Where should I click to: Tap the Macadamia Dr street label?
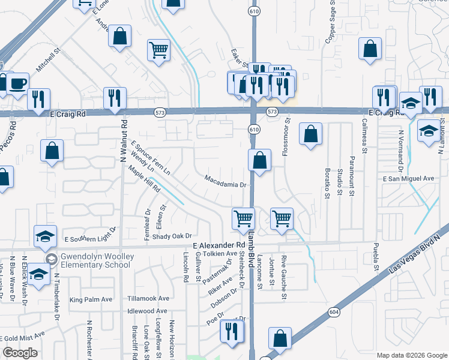pyautogui.click(x=226, y=181)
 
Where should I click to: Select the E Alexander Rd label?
pyautogui.click(x=220, y=245)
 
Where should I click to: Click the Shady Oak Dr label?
pyautogui.click(x=171, y=236)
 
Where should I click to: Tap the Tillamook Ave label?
pyautogui.click(x=148, y=298)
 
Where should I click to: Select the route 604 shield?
pyautogui.click(x=334, y=312)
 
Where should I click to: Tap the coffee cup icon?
pyautogui.click(x=17, y=82)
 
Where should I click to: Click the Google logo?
pyautogui.click(x=20, y=353)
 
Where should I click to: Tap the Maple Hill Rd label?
pyautogui.click(x=144, y=179)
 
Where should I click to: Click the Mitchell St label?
pyautogui.click(x=49, y=62)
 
